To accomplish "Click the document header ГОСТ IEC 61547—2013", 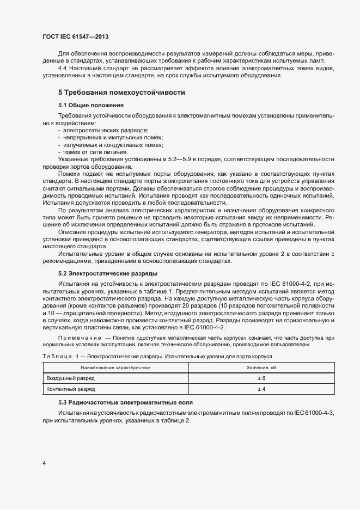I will (78, 36).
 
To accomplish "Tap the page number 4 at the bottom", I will (44, 463).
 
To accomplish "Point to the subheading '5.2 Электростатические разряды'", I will (108, 273).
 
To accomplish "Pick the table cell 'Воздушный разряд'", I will (71, 378).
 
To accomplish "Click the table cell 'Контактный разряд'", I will (71, 389).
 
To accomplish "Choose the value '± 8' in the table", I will (261, 378).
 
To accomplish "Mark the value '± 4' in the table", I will (261, 389).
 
